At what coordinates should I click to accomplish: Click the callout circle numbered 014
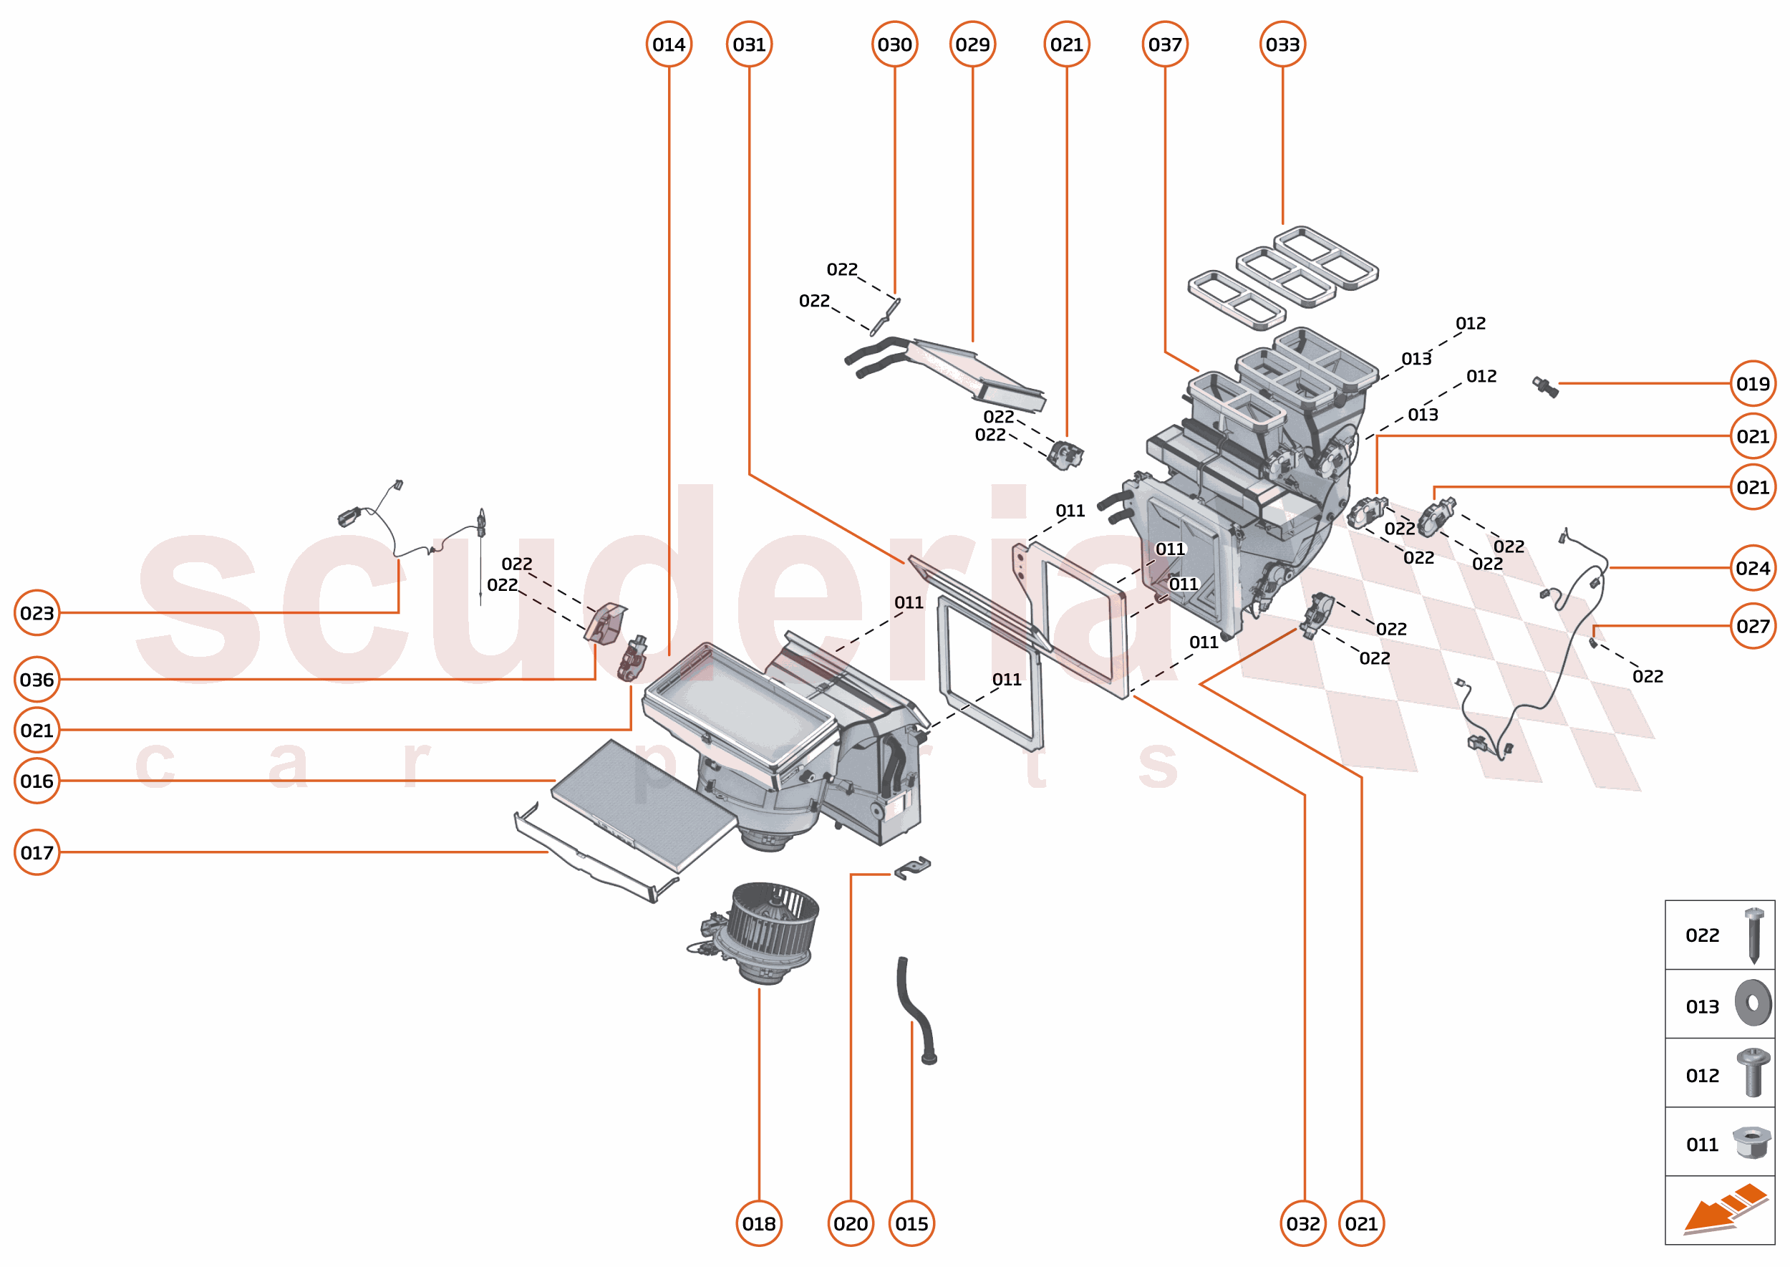669,44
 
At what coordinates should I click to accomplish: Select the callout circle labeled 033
1282,44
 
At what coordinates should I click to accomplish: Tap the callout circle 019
1752,383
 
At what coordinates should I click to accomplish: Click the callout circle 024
1752,567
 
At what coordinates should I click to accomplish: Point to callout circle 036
37,679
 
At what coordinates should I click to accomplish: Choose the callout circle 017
37,852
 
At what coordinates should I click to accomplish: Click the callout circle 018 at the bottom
758,1223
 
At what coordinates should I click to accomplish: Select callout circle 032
1302,1223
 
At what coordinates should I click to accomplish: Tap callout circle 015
911,1223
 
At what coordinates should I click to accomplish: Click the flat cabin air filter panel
644,804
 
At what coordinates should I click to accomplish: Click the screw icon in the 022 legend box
1753,934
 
